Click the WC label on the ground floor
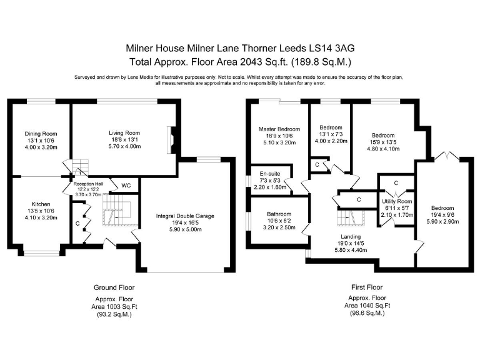coord(126,186)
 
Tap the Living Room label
coord(124,133)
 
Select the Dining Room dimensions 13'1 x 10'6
coord(41,141)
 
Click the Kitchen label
coord(41,204)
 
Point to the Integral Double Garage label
coord(185,216)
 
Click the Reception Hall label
coord(88,184)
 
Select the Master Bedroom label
coord(279,129)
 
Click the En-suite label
coord(270,174)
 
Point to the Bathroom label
coord(279,214)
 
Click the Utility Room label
coord(397,201)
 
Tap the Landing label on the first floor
coord(351,237)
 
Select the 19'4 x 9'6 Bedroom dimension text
coord(442,215)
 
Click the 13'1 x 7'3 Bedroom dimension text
coord(331,134)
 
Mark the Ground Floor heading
coord(114,287)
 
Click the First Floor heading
coord(367,287)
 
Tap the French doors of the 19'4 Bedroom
coord(447,156)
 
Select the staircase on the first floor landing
coord(351,217)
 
